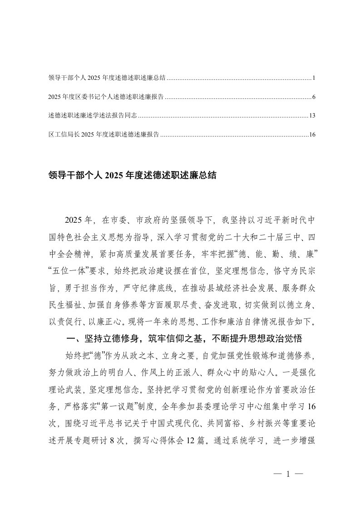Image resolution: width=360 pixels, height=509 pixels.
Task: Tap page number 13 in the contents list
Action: tap(312, 116)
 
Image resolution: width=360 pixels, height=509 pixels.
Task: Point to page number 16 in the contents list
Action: tap(312, 134)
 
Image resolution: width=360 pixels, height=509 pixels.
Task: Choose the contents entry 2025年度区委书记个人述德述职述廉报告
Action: tap(106, 97)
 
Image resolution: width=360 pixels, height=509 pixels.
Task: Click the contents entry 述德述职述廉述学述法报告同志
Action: tap(92, 116)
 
